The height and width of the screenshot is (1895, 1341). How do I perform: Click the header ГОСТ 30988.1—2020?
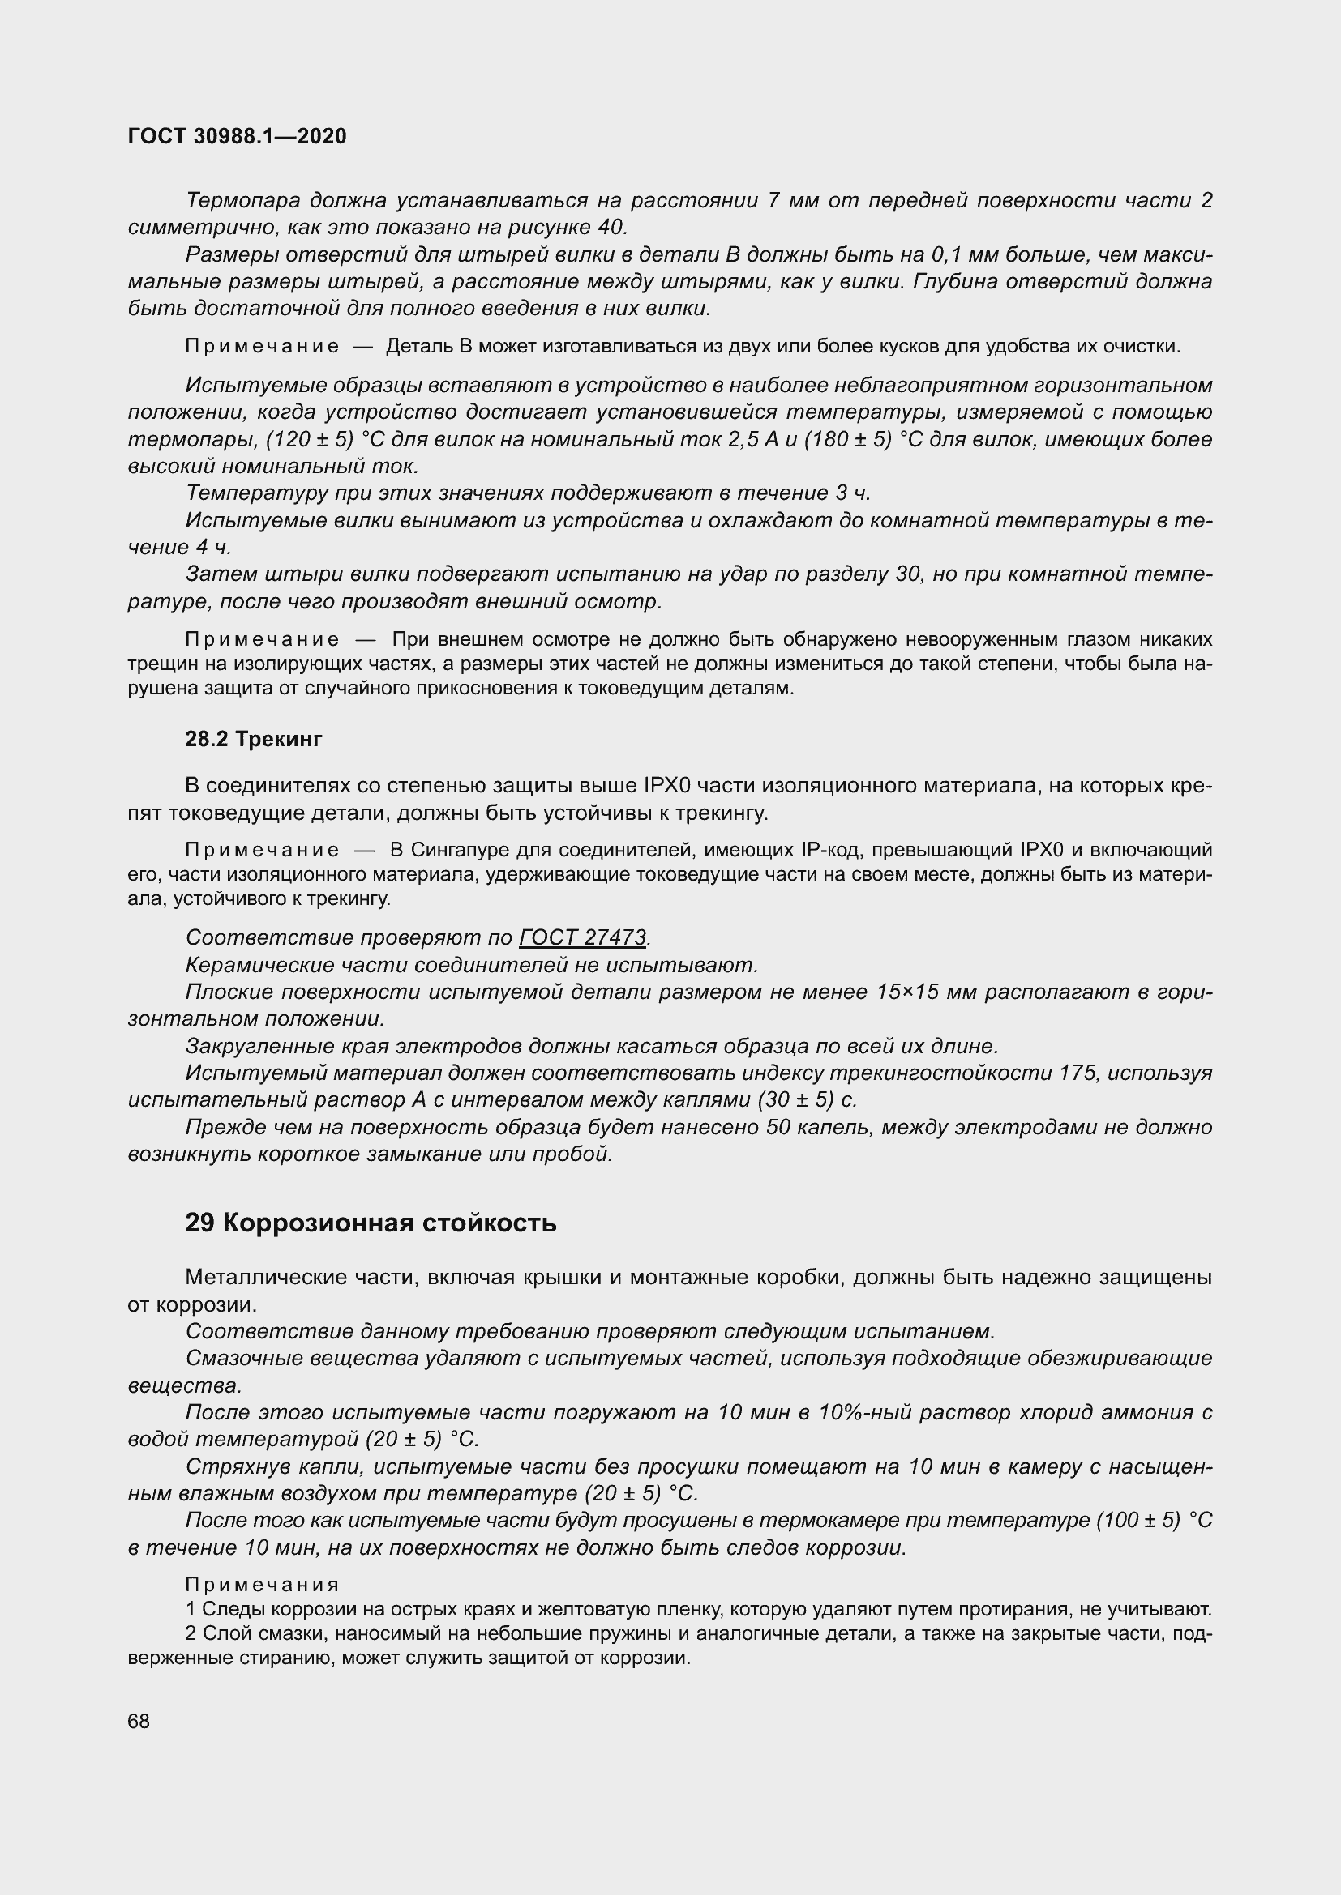(x=237, y=136)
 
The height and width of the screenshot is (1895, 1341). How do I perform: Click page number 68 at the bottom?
(x=139, y=1721)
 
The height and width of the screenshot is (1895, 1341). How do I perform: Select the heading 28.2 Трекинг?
(x=254, y=740)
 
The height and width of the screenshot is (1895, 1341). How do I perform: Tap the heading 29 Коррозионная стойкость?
(x=371, y=1223)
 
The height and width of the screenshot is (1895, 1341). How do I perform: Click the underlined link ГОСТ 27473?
(x=582, y=937)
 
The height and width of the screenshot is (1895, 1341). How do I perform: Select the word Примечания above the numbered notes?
(x=262, y=1585)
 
